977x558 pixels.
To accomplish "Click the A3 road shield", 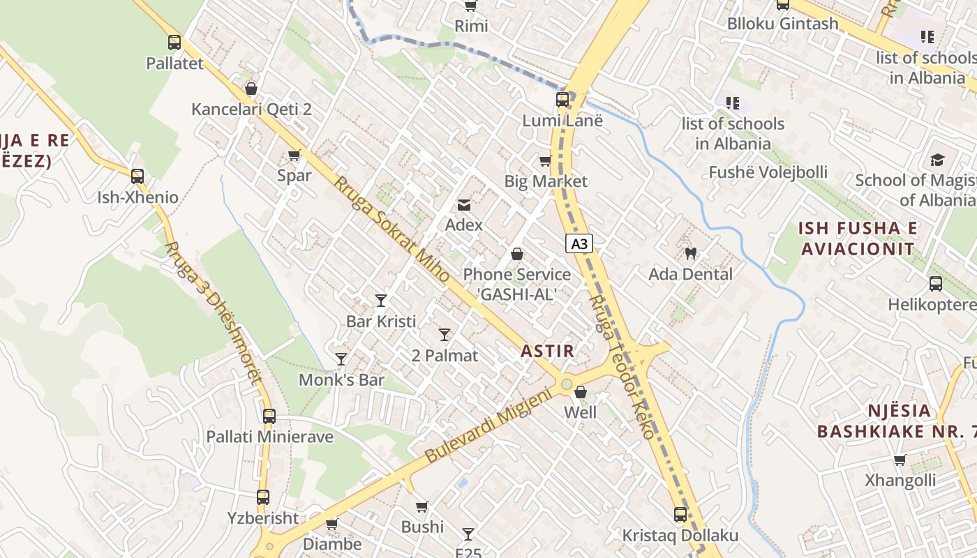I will pyautogui.click(x=579, y=243).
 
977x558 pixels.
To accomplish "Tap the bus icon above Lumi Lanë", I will pyautogui.click(x=562, y=100).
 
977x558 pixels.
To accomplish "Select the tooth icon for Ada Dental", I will pyautogui.click(x=691, y=253).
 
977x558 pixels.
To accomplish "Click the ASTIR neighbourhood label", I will pyautogui.click(x=548, y=351).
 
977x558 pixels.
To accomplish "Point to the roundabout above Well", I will pyautogui.click(x=567, y=384).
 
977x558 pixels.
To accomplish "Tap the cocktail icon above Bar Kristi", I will pyautogui.click(x=380, y=301).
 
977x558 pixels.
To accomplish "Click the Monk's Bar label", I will pyautogui.click(x=342, y=380).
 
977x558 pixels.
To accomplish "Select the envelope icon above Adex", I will pyautogui.click(x=463, y=204).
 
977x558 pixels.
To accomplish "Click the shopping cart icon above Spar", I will pyautogui.click(x=294, y=155).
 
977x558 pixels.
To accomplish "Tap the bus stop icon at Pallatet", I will pyautogui.click(x=174, y=43).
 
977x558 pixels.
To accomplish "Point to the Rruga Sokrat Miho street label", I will pyautogui.click(x=391, y=229).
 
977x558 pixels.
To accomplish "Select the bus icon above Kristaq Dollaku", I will pyautogui.click(x=680, y=515).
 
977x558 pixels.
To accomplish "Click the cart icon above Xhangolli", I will pyautogui.click(x=900, y=460).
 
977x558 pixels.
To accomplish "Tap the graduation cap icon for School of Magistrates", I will pyautogui.click(x=937, y=160).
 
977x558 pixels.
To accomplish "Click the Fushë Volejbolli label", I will pyautogui.click(x=768, y=172).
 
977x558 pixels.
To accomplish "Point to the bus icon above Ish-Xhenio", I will pyautogui.click(x=137, y=176).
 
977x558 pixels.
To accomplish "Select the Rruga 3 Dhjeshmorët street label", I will pyautogui.click(x=213, y=312).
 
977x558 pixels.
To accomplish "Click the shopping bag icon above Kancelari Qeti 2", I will pyautogui.click(x=251, y=89).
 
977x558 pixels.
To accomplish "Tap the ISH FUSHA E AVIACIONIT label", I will pyautogui.click(x=858, y=239).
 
